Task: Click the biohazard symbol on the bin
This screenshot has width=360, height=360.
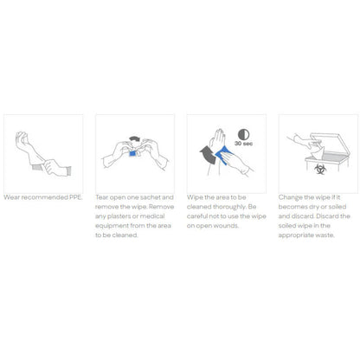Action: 320,169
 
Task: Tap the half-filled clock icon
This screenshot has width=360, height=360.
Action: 244,134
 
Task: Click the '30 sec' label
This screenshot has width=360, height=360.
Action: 244,144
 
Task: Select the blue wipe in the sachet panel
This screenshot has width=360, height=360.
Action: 132,153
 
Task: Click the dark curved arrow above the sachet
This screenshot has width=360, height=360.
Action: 135,138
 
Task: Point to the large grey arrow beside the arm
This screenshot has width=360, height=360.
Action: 209,154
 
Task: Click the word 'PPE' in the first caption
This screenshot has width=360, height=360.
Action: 75,197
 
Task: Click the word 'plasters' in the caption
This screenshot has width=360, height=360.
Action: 119,216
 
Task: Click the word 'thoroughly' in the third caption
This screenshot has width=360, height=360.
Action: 229,207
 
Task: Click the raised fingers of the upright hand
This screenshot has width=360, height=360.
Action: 220,135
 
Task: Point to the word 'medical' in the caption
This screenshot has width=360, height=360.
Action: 152,216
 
